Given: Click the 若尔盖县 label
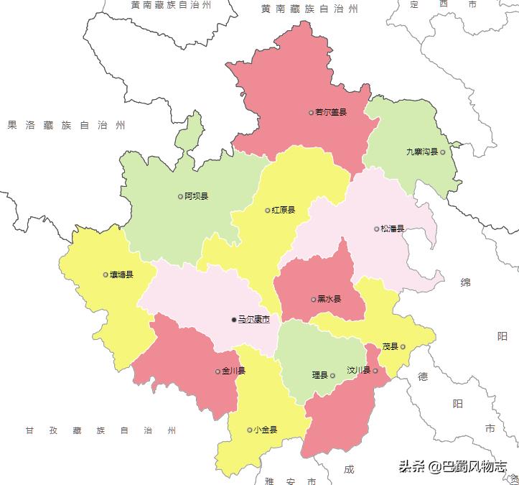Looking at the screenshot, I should (x=331, y=112).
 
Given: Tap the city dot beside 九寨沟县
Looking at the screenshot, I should (x=443, y=152).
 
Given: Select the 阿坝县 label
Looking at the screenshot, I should (x=196, y=196).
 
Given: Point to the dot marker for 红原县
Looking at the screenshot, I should (x=268, y=211).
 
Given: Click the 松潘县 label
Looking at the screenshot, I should (x=393, y=229).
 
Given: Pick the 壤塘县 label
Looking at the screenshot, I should (x=121, y=274).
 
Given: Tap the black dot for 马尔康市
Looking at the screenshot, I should (x=233, y=319).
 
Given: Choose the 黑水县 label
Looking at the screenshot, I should (x=329, y=299).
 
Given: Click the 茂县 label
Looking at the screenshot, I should (x=390, y=346).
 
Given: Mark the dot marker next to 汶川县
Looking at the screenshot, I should (x=375, y=371).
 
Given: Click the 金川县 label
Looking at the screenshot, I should (x=233, y=371).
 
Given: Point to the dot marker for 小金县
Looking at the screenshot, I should (x=249, y=430).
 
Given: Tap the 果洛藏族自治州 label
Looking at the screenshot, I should (x=66, y=125).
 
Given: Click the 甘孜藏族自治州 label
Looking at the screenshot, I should (x=100, y=430).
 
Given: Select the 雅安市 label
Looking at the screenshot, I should (x=290, y=480).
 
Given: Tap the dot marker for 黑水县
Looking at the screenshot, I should (x=313, y=300).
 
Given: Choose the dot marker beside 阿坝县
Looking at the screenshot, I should (x=180, y=196).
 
